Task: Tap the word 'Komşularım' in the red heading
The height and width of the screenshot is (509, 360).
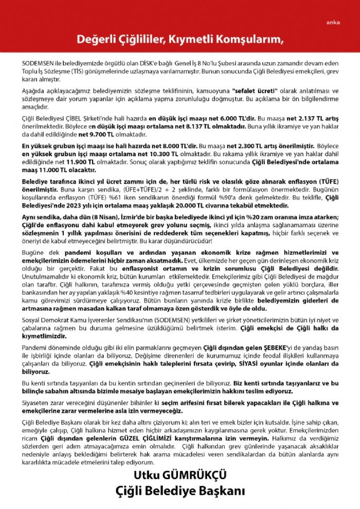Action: click(246, 40)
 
